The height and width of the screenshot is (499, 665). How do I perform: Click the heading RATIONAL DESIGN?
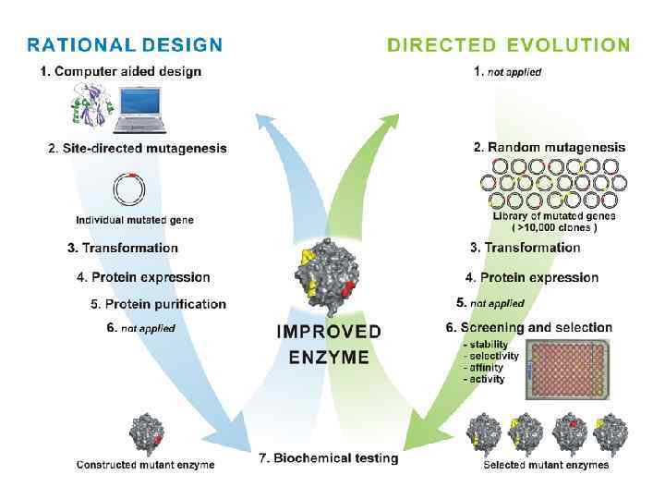coord(125,44)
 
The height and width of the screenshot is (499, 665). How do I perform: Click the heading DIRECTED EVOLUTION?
coord(509,44)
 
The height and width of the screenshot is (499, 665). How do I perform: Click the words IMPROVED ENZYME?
coord(329,344)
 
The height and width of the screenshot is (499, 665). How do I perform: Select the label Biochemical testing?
coord(328,458)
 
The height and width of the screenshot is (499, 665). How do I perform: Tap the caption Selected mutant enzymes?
coord(546,465)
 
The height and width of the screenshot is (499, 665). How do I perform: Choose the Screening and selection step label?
coord(529,327)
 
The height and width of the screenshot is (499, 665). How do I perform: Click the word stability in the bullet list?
coord(487,345)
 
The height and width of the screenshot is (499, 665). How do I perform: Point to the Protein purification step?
coord(158,304)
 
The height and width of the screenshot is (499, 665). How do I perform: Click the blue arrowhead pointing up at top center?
coord(268,120)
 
